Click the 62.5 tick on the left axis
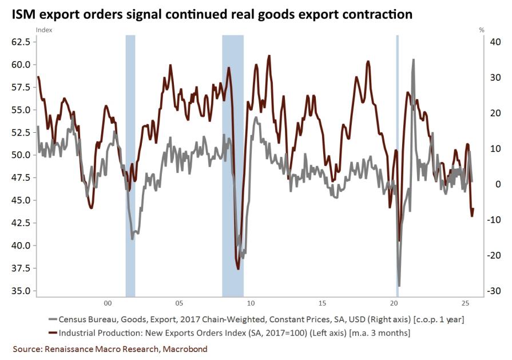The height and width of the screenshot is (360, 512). pos(20,42)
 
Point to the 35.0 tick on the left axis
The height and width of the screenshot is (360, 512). pos(20,291)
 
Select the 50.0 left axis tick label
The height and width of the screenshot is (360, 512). pos(20,155)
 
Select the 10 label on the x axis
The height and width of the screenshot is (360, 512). pos(251,303)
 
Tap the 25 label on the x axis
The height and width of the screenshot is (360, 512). pos(466,303)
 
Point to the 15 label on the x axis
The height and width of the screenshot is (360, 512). pos(323,303)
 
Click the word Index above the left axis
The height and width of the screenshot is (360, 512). pos(43,29)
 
